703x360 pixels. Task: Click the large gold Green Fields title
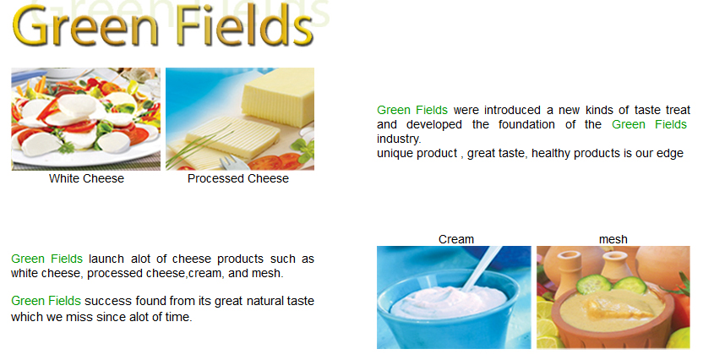click(x=163, y=25)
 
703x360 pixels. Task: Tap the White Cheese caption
click(x=86, y=178)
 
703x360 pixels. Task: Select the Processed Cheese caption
click(x=238, y=178)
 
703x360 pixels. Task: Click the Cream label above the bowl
click(x=456, y=239)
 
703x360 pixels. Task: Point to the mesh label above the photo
click(x=613, y=239)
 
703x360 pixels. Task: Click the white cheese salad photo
click(x=85, y=119)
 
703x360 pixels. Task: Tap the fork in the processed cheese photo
click(x=233, y=161)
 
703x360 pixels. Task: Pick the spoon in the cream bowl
click(x=482, y=268)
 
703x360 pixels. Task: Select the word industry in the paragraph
click(x=399, y=139)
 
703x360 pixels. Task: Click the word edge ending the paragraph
click(x=670, y=153)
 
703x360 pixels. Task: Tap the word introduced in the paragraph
click(x=512, y=111)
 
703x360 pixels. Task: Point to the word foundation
click(x=526, y=124)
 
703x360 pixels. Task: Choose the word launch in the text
click(x=106, y=259)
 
